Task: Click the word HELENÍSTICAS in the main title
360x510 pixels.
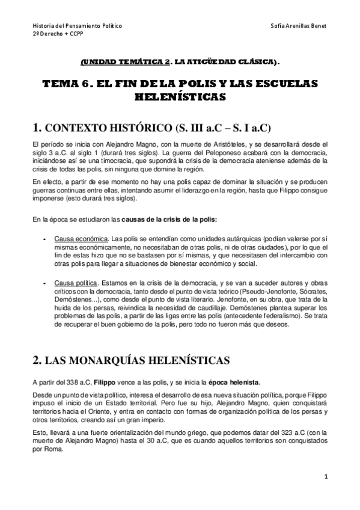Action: (180, 96)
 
